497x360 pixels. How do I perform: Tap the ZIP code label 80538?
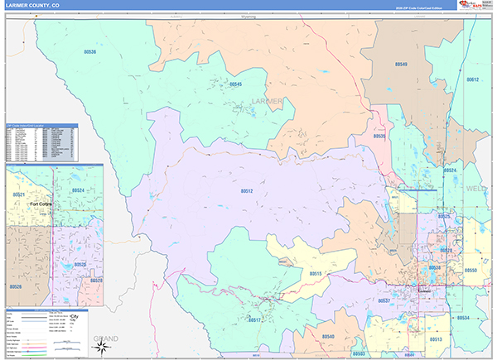(89, 51)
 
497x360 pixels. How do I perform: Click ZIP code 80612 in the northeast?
(472, 79)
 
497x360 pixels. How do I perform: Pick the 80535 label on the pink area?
(380, 136)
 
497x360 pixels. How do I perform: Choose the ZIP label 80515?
(316, 273)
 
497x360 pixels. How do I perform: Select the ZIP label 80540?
(327, 337)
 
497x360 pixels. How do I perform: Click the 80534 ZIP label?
(462, 318)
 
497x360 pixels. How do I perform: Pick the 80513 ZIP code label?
(436, 339)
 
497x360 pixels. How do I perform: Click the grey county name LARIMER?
(267, 102)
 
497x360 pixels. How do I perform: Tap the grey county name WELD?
(480, 188)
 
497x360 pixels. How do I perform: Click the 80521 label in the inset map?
(18, 194)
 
